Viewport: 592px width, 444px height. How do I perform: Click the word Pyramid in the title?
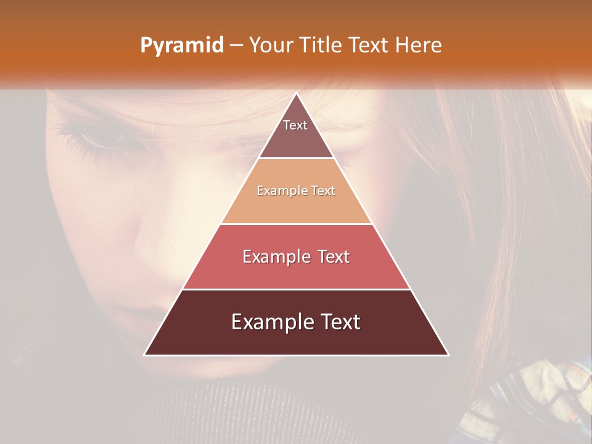click(181, 46)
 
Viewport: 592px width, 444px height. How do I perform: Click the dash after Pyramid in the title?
click(236, 46)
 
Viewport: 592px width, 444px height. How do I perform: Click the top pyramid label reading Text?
click(295, 125)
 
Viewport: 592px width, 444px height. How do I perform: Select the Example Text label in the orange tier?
click(296, 191)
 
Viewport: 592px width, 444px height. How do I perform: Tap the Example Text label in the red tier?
click(296, 257)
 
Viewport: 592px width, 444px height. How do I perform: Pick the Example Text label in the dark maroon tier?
click(296, 322)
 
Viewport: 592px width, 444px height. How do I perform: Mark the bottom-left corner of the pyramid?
click(145, 355)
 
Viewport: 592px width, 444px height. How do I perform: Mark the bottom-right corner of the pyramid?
click(448, 355)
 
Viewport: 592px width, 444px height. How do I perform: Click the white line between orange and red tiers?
click(296, 224)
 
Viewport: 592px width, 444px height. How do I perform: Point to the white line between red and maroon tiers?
click(296, 289)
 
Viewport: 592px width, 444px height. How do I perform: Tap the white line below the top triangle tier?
click(296, 158)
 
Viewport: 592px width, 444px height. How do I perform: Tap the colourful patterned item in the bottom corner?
click(543, 395)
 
